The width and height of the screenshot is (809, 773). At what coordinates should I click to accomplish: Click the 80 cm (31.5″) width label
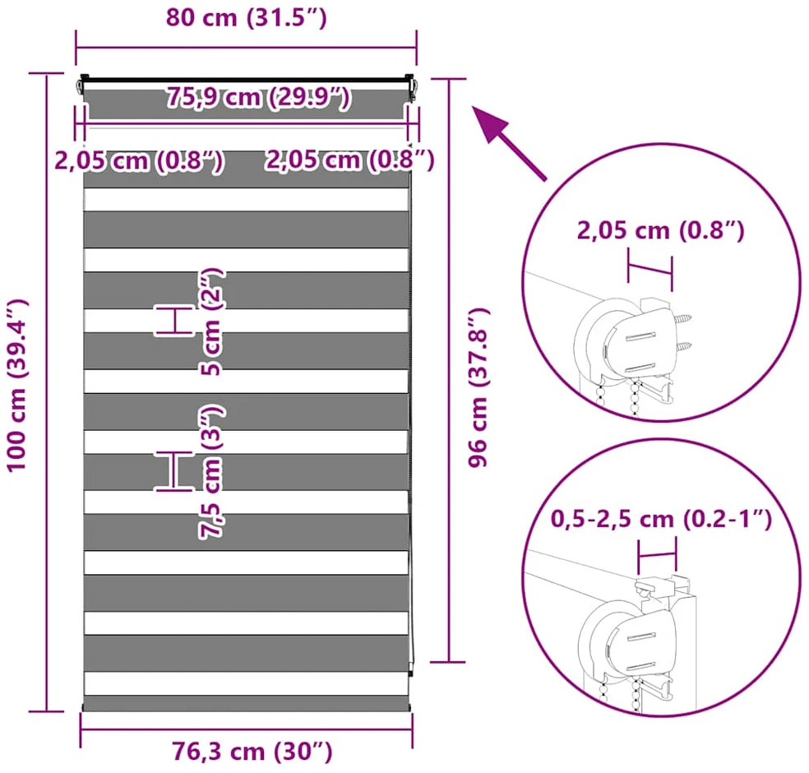coord(246,17)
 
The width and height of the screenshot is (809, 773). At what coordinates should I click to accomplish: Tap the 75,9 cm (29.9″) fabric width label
coord(258,97)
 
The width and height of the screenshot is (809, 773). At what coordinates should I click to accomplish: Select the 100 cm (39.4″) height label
coord(17,385)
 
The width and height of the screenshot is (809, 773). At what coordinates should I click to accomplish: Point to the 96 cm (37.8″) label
coord(478,387)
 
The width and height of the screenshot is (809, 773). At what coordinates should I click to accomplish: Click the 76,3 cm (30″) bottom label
coord(252,752)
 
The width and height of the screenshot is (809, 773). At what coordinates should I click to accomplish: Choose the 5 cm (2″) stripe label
coord(211,322)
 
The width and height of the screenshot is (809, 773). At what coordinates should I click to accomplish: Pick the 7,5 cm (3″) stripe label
coord(211,472)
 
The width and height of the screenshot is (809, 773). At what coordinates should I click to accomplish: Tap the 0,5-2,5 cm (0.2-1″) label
coord(661,519)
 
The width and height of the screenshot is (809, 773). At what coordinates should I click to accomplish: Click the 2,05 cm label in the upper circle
coord(660,230)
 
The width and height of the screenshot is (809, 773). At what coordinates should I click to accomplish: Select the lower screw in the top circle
coord(683,346)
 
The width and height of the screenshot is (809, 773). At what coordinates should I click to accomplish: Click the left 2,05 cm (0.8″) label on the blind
coord(139,160)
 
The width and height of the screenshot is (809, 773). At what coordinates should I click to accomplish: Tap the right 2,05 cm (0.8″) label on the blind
coord(349,160)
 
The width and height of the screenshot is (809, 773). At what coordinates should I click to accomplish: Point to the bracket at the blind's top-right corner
coord(410,86)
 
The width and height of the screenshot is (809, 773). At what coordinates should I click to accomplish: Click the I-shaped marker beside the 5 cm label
coord(174,321)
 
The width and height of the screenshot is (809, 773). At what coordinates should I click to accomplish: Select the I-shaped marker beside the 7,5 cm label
coord(175,470)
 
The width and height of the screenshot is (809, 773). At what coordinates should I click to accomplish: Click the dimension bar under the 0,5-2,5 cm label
coord(657,555)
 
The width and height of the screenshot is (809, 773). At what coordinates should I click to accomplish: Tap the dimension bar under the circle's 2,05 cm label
coord(650,269)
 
